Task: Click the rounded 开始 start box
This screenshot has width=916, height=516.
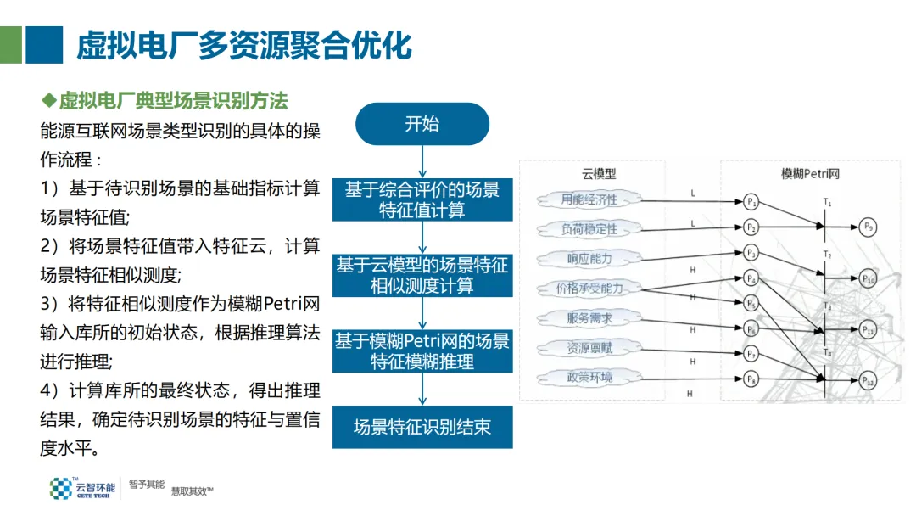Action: (422, 124)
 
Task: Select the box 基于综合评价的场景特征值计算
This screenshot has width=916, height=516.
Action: (422, 199)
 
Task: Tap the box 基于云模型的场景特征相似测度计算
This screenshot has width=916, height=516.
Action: (422, 275)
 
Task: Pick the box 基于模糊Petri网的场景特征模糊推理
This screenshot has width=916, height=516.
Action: (422, 351)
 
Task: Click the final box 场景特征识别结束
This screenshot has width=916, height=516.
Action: (422, 427)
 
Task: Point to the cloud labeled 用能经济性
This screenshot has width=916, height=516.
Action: (589, 200)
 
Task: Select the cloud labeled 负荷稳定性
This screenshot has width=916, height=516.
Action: (589, 229)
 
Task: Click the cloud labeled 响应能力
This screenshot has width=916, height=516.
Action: (589, 259)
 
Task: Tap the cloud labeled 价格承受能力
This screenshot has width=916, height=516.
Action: (589, 288)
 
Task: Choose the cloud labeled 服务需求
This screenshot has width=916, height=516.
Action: (589, 318)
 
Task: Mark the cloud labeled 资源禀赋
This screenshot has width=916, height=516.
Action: (589, 348)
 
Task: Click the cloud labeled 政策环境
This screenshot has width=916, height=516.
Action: (589, 377)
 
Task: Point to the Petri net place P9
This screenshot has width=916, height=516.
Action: (867, 227)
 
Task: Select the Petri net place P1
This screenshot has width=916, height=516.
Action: (751, 201)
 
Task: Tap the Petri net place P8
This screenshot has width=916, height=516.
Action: (751, 379)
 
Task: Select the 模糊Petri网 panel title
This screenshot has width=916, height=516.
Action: (810, 173)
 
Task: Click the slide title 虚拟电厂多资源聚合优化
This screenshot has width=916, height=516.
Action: (244, 45)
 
